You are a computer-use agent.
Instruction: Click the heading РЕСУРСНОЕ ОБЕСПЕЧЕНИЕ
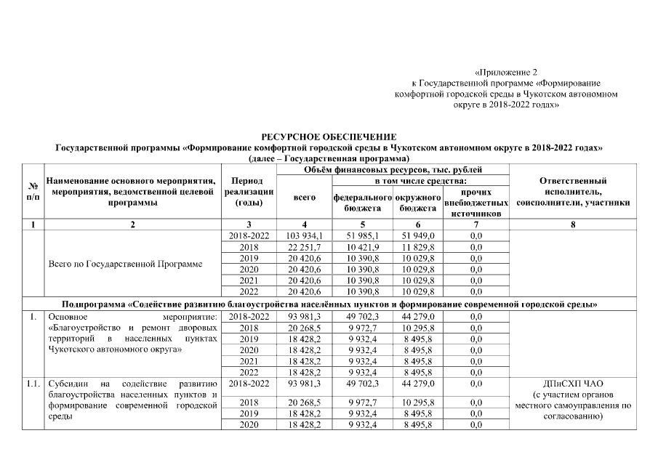[329, 137]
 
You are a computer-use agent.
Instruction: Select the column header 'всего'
[304, 197]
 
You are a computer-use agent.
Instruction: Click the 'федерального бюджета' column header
[361, 203]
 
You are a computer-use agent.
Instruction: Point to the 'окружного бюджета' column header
[418, 203]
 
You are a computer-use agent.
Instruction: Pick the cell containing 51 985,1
[361, 236]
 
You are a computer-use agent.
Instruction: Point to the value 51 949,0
[418, 236]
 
